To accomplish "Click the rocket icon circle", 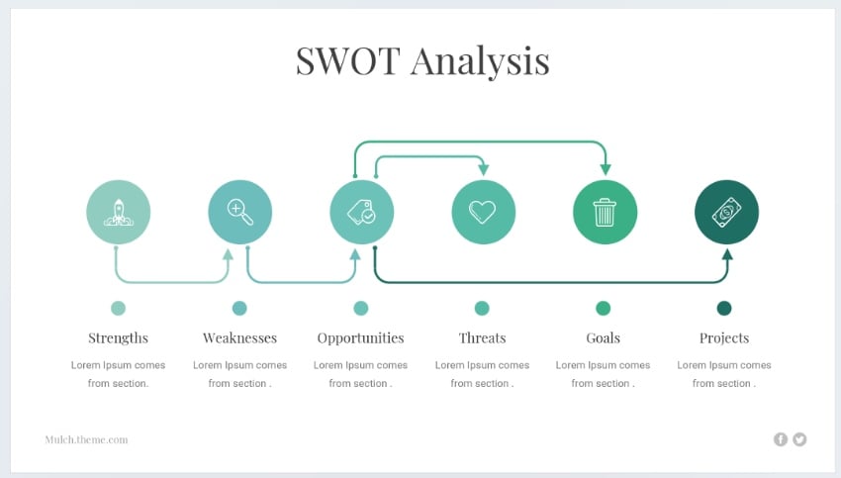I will point(119,212).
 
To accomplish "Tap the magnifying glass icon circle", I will point(239,212).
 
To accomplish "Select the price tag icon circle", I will point(361,212).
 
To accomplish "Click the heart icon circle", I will point(483,212).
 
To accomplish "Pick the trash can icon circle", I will point(605,212).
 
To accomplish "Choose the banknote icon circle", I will point(726,212).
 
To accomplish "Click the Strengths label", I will point(118,337).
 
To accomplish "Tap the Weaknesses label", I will point(239,337).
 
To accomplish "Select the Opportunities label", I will point(360,337).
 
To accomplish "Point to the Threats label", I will point(482,337).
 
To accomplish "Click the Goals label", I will point(603,337).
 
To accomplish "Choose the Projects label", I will point(724,337).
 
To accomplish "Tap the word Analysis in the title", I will point(480,60).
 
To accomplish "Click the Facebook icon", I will point(781,439).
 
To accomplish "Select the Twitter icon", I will point(799,439).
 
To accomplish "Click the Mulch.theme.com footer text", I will point(86,439).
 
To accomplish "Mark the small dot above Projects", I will point(724,308).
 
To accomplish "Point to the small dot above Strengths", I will point(119,308).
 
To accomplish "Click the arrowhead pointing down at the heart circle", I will point(483,170).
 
